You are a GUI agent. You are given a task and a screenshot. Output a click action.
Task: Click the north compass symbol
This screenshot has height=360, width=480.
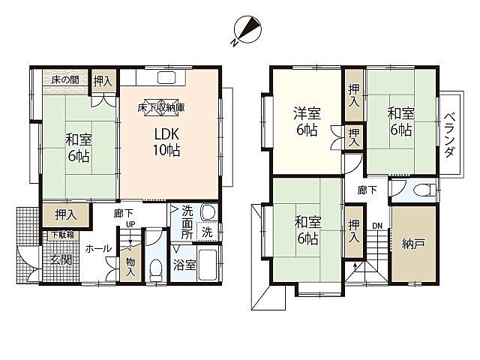[x=247, y=30]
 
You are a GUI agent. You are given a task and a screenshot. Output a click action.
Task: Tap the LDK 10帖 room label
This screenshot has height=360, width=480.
[x=166, y=142]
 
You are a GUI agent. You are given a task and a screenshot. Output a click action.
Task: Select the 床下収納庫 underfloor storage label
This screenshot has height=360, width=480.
[x=161, y=107]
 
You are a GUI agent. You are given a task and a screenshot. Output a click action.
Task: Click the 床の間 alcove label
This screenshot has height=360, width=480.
[x=64, y=80]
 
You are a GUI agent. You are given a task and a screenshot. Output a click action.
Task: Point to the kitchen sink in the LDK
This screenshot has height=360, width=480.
[x=166, y=77]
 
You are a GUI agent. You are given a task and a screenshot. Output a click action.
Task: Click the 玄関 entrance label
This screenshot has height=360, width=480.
[x=61, y=260]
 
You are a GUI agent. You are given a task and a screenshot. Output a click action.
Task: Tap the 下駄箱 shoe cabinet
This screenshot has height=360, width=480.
[x=62, y=235]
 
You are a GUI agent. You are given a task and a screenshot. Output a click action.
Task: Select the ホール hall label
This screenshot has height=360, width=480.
[x=98, y=248]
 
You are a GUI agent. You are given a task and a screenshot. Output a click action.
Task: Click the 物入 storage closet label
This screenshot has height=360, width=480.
[x=130, y=267]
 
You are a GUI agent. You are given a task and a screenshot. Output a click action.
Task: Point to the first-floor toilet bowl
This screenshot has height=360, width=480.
[x=156, y=269]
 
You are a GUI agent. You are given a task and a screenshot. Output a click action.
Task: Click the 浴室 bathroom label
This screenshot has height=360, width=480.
[x=184, y=265]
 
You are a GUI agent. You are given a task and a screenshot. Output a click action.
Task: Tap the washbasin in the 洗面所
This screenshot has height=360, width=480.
[x=208, y=211]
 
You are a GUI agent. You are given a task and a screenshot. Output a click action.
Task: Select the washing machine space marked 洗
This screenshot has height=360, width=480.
[x=207, y=232]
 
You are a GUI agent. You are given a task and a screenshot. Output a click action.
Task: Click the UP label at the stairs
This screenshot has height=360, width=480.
[x=130, y=224]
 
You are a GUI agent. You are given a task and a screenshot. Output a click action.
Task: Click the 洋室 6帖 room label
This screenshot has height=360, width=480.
[x=307, y=121]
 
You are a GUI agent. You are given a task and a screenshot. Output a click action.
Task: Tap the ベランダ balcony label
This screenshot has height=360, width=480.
[x=448, y=135]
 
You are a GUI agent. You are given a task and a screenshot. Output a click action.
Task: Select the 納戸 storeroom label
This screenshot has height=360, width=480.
[x=413, y=244]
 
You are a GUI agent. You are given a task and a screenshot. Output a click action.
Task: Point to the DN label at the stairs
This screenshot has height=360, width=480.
[x=377, y=226]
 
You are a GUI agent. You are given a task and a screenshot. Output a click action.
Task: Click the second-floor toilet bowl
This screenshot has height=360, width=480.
[x=424, y=190]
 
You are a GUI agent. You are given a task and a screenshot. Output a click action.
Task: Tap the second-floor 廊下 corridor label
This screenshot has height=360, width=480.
[x=367, y=190]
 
